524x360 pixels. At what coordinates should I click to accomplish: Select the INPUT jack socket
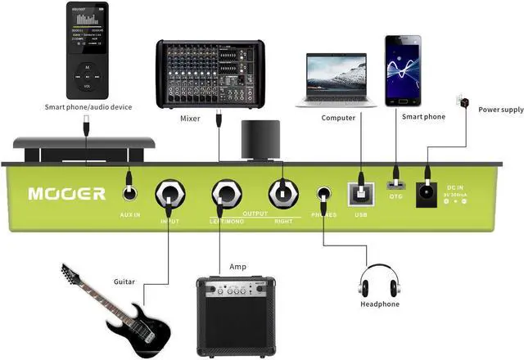(170, 195)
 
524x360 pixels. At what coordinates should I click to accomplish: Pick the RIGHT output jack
(282, 195)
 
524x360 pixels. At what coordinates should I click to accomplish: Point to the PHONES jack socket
(324, 195)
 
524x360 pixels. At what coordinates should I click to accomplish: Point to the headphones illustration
(379, 283)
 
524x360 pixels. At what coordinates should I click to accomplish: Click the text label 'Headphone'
(380, 304)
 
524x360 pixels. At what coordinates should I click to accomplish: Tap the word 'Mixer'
(190, 119)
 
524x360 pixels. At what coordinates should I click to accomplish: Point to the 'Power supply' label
(501, 110)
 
